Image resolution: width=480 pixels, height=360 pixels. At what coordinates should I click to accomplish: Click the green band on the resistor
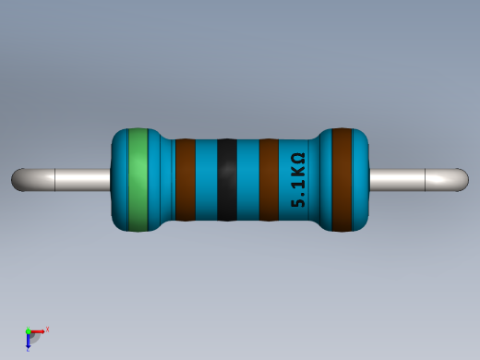point(138,179)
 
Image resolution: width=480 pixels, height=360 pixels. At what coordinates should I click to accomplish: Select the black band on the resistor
point(227,179)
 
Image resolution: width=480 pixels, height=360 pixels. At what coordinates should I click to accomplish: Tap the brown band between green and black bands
point(186,179)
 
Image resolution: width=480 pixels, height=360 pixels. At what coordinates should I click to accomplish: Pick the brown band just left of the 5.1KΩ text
point(269,179)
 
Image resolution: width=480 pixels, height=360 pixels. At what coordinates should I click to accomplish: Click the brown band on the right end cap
point(342,179)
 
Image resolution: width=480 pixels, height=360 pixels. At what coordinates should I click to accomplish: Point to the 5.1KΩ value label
point(298,179)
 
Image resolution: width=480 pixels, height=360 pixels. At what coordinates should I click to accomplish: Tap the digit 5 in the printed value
point(298,199)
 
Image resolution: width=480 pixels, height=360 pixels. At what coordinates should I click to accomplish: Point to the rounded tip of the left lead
point(18,179)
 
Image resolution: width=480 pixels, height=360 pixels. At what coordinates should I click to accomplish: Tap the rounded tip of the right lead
point(461,179)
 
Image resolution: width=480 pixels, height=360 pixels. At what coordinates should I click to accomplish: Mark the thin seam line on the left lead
point(56,179)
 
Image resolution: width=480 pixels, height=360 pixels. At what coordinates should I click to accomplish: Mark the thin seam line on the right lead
point(424,179)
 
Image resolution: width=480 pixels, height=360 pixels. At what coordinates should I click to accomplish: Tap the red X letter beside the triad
point(47,329)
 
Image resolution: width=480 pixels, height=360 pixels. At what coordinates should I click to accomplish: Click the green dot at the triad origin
point(29,330)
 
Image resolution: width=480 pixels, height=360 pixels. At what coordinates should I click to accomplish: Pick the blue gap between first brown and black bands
point(206,179)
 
